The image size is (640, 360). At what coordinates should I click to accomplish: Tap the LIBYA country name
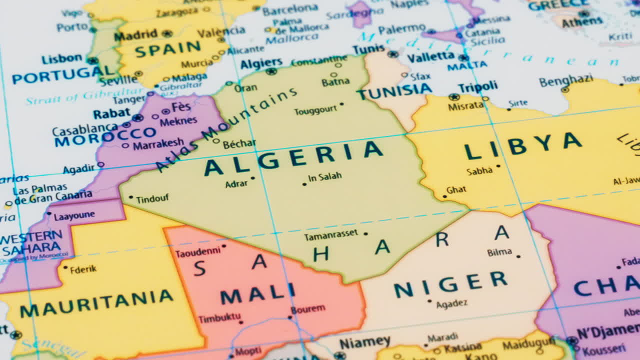[x=523, y=146]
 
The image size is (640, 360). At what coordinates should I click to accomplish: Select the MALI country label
[x=258, y=294]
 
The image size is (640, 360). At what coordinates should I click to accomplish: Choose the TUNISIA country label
[x=394, y=91]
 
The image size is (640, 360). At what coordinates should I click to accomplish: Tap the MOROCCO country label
[x=105, y=137]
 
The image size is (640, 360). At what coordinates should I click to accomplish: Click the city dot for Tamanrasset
[x=365, y=233]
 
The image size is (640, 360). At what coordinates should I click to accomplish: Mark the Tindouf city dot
[x=131, y=197]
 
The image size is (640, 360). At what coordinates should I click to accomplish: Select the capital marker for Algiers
[x=271, y=71]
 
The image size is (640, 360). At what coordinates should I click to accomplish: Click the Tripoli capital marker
[x=454, y=97]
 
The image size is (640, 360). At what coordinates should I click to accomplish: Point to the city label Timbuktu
[x=219, y=318]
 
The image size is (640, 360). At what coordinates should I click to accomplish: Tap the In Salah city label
[x=325, y=176]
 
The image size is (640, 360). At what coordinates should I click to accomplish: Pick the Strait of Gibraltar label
[x=85, y=96]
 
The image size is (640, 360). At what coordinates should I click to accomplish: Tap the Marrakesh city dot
[x=125, y=146]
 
